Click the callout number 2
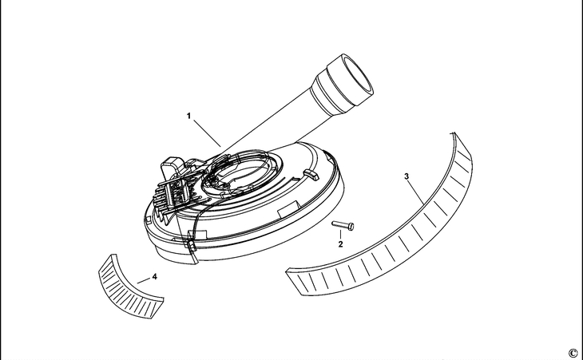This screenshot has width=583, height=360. pos(340,243)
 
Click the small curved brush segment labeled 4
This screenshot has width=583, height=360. pos(128,281)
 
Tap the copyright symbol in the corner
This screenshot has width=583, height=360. pos(573,352)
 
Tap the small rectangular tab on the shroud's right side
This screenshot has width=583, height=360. pos(311,172)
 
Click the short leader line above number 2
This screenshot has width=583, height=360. pos(341,235)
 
